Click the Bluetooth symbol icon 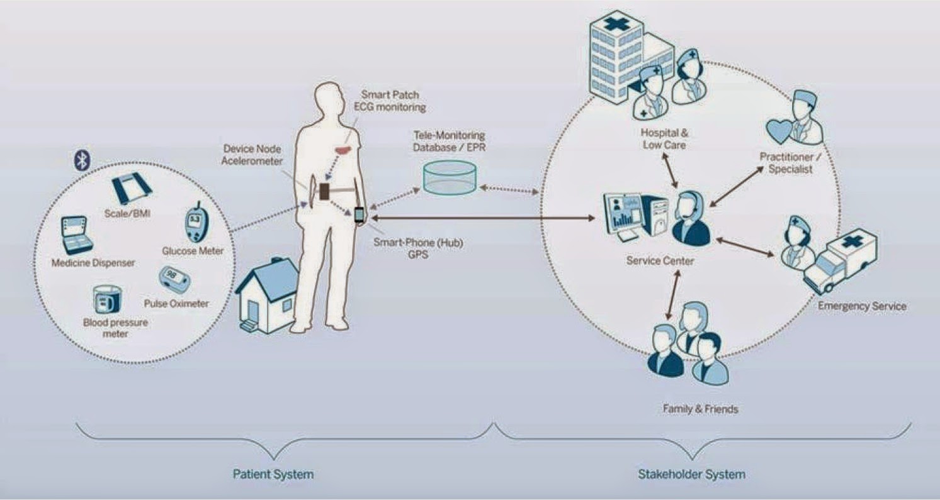[82, 160]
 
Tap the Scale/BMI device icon [132, 189]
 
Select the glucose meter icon [196, 223]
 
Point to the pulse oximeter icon [174, 279]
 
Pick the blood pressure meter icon [108, 299]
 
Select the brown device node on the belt [324, 191]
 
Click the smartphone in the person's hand [360, 216]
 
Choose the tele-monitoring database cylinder [450, 178]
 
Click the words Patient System [273, 474]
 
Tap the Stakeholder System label [691, 474]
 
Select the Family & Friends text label [700, 409]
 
